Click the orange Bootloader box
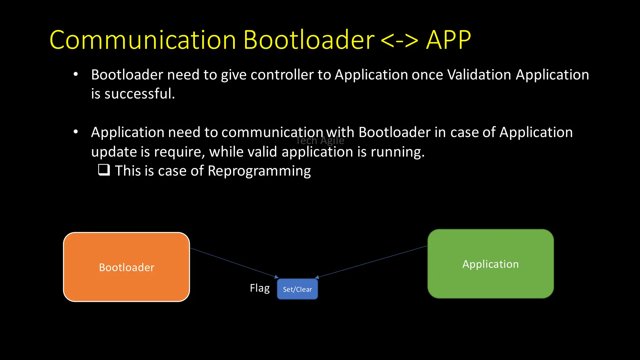[126, 267]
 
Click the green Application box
[490, 264]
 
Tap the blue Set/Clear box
[297, 289]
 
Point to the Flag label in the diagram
[260, 288]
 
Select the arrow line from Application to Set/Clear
[372, 262]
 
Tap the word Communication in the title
[142, 40]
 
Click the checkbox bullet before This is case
[104, 170]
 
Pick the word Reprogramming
[259, 171]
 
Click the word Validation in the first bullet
[479, 75]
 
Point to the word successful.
[139, 94]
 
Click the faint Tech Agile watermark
[320, 141]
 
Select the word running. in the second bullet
[397, 152]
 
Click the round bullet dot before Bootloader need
[76, 74]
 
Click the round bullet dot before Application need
[76, 132]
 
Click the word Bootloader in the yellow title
[308, 40]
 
